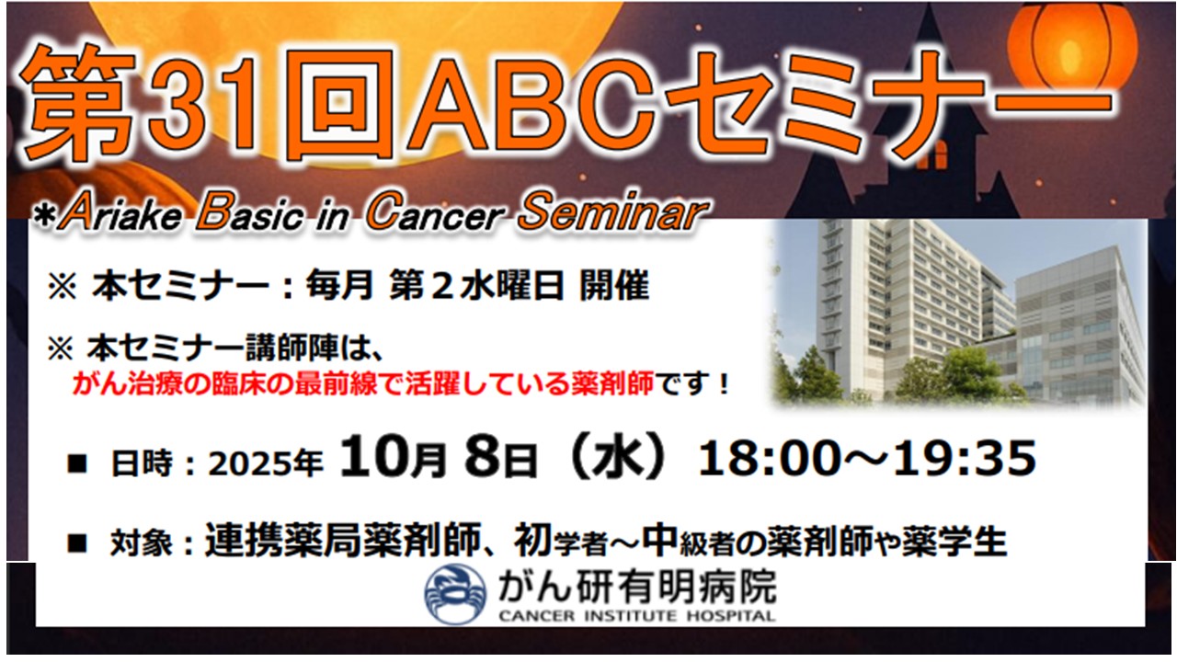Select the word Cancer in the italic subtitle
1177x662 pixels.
click(x=436, y=212)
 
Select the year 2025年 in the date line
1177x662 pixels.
click(x=266, y=464)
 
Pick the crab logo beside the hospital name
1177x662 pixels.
click(x=455, y=594)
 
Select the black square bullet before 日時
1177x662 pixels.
click(x=76, y=464)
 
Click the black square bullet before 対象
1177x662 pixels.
click(x=76, y=543)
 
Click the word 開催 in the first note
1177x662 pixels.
click(x=614, y=286)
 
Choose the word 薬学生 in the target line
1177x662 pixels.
click(x=954, y=542)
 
